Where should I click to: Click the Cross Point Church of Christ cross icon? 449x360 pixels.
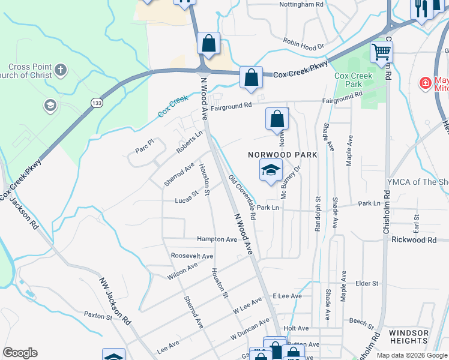[60, 71]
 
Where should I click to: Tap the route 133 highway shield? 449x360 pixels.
[96, 104]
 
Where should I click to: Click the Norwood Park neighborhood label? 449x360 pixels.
[282, 155]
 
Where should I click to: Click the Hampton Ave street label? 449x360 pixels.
[217, 239]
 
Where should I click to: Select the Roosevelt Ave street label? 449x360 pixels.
[191, 256]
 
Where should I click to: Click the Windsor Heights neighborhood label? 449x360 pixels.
[408, 337]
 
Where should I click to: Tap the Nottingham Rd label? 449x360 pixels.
[301, 4]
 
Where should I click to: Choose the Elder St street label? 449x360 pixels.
[367, 283]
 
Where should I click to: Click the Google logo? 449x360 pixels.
[20, 353]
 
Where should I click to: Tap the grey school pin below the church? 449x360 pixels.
[50, 106]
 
